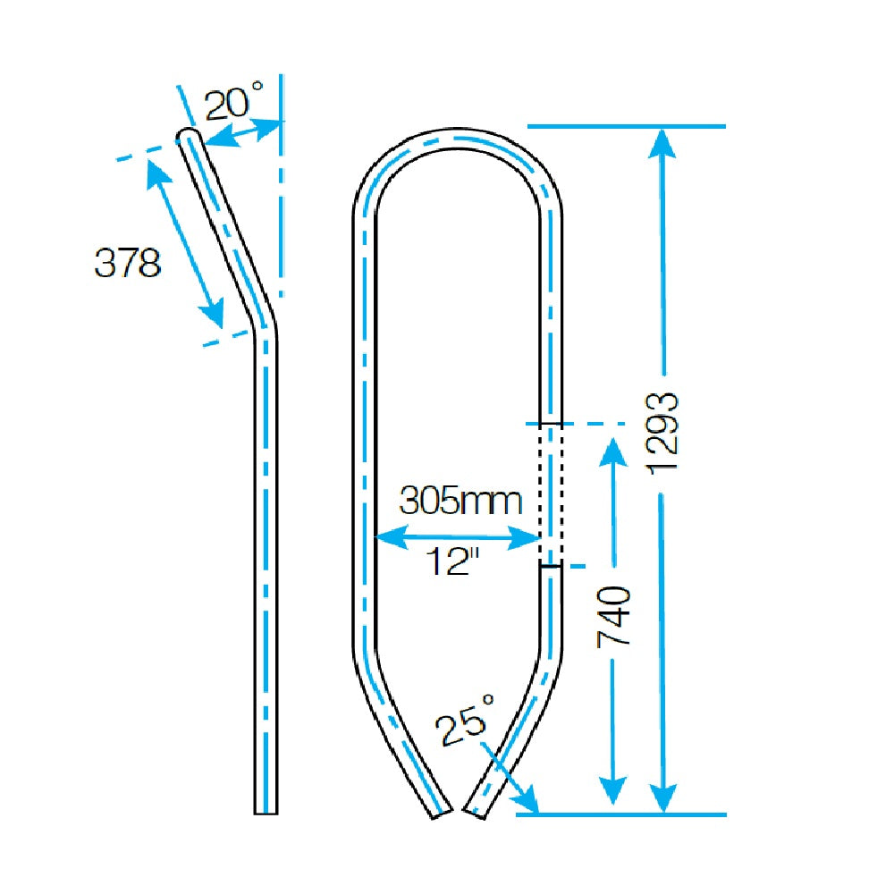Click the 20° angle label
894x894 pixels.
tap(234, 104)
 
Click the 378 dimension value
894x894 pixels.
tap(128, 263)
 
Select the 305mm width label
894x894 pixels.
tap(460, 500)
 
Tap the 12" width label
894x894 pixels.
tap(452, 563)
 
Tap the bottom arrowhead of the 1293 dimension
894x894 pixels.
tap(662, 800)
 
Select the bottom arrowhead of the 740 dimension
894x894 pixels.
tap(612, 790)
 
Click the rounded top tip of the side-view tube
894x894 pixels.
tap(189, 135)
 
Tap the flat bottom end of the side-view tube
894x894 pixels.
tap(266, 812)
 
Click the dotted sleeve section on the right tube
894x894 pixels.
tap(550, 494)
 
